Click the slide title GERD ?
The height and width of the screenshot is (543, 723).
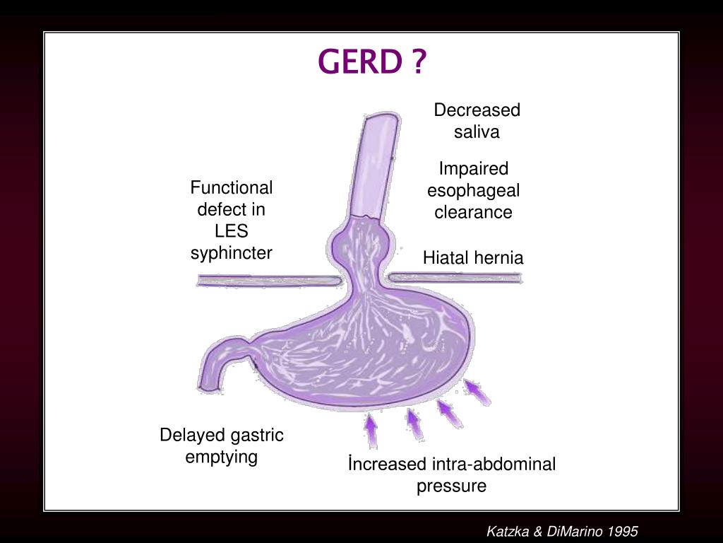373,63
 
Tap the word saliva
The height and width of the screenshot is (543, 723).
477,132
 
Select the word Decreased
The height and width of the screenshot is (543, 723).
477,110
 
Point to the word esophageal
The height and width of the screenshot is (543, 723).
473,190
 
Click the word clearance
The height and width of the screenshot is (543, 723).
473,212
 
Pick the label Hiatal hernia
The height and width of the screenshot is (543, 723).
473,258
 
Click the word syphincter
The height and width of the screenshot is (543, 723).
231,253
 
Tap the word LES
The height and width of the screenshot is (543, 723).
232,231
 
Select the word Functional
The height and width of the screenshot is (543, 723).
232,188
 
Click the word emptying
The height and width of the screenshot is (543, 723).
222,457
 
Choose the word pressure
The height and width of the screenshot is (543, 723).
451,486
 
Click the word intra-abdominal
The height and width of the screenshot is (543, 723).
493,465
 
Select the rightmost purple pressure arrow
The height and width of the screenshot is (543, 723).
478,392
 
